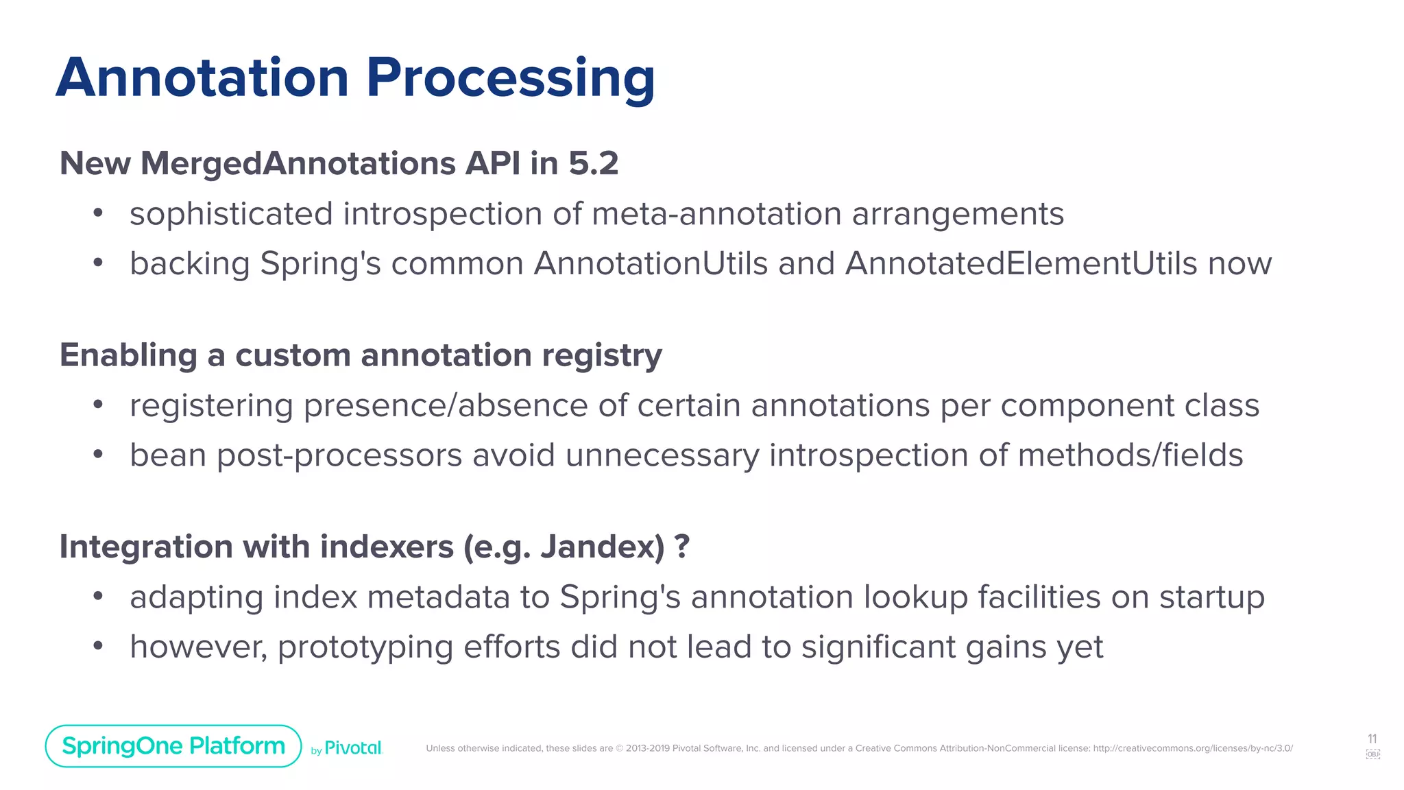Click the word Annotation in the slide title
point(202,77)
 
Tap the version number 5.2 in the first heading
point(593,163)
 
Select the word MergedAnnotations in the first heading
point(298,164)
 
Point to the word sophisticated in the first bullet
point(231,214)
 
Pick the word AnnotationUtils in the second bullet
point(651,263)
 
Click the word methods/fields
point(1130,455)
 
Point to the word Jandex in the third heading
point(597,547)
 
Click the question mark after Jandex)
point(681,546)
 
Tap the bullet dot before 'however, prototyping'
point(98,646)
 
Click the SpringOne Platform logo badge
point(173,746)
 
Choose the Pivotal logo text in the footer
point(352,748)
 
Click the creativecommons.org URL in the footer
point(1192,748)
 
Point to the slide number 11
point(1372,739)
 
